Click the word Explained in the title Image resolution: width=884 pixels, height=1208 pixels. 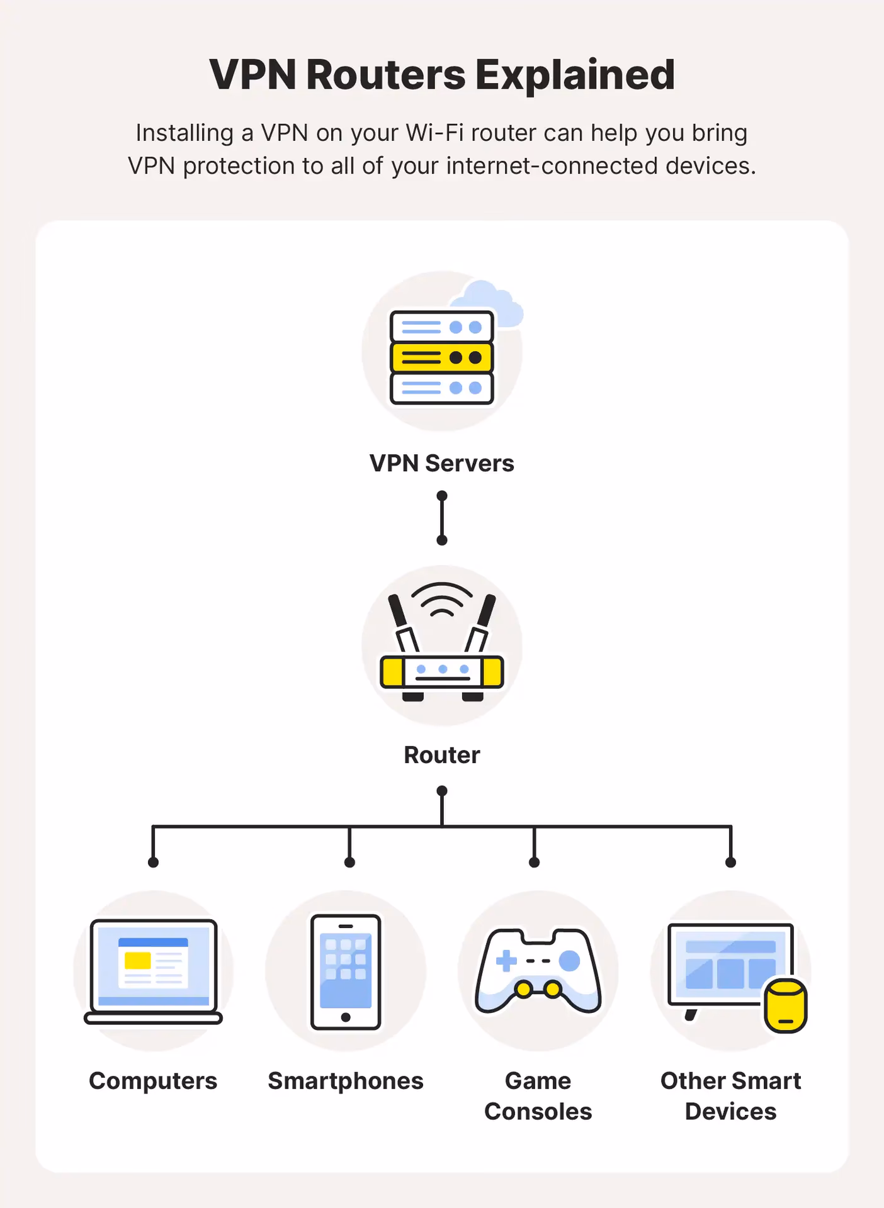tap(574, 75)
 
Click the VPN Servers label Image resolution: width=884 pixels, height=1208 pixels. tap(441, 463)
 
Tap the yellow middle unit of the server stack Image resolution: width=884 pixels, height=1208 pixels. tap(441, 357)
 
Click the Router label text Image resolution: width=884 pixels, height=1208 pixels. tap(441, 755)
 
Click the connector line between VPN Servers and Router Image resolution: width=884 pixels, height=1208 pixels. tap(441, 518)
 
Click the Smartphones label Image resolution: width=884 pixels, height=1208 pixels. tap(345, 1081)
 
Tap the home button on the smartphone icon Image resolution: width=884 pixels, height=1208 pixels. tap(345, 1017)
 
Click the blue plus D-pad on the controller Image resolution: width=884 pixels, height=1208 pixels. tap(506, 961)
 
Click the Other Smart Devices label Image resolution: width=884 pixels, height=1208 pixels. tap(730, 1096)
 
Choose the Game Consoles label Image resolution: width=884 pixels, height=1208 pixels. tap(538, 1096)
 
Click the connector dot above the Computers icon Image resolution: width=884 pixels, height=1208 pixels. tap(153, 862)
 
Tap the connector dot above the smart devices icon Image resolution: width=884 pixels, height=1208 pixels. tap(730, 862)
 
